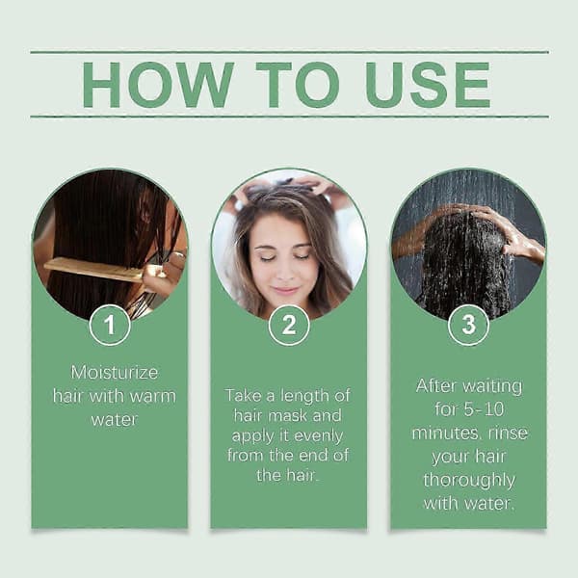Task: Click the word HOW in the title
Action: (158, 85)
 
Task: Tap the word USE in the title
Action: (428, 85)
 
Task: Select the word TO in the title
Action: (298, 85)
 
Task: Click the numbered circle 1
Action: (110, 325)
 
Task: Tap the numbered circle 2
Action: (289, 325)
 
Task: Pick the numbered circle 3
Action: (468, 325)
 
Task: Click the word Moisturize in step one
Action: (115, 372)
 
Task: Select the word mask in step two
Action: (287, 416)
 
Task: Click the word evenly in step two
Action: (319, 436)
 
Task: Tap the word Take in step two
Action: (243, 396)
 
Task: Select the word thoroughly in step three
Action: (469, 481)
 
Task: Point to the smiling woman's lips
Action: (284, 290)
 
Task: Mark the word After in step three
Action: (436, 386)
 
